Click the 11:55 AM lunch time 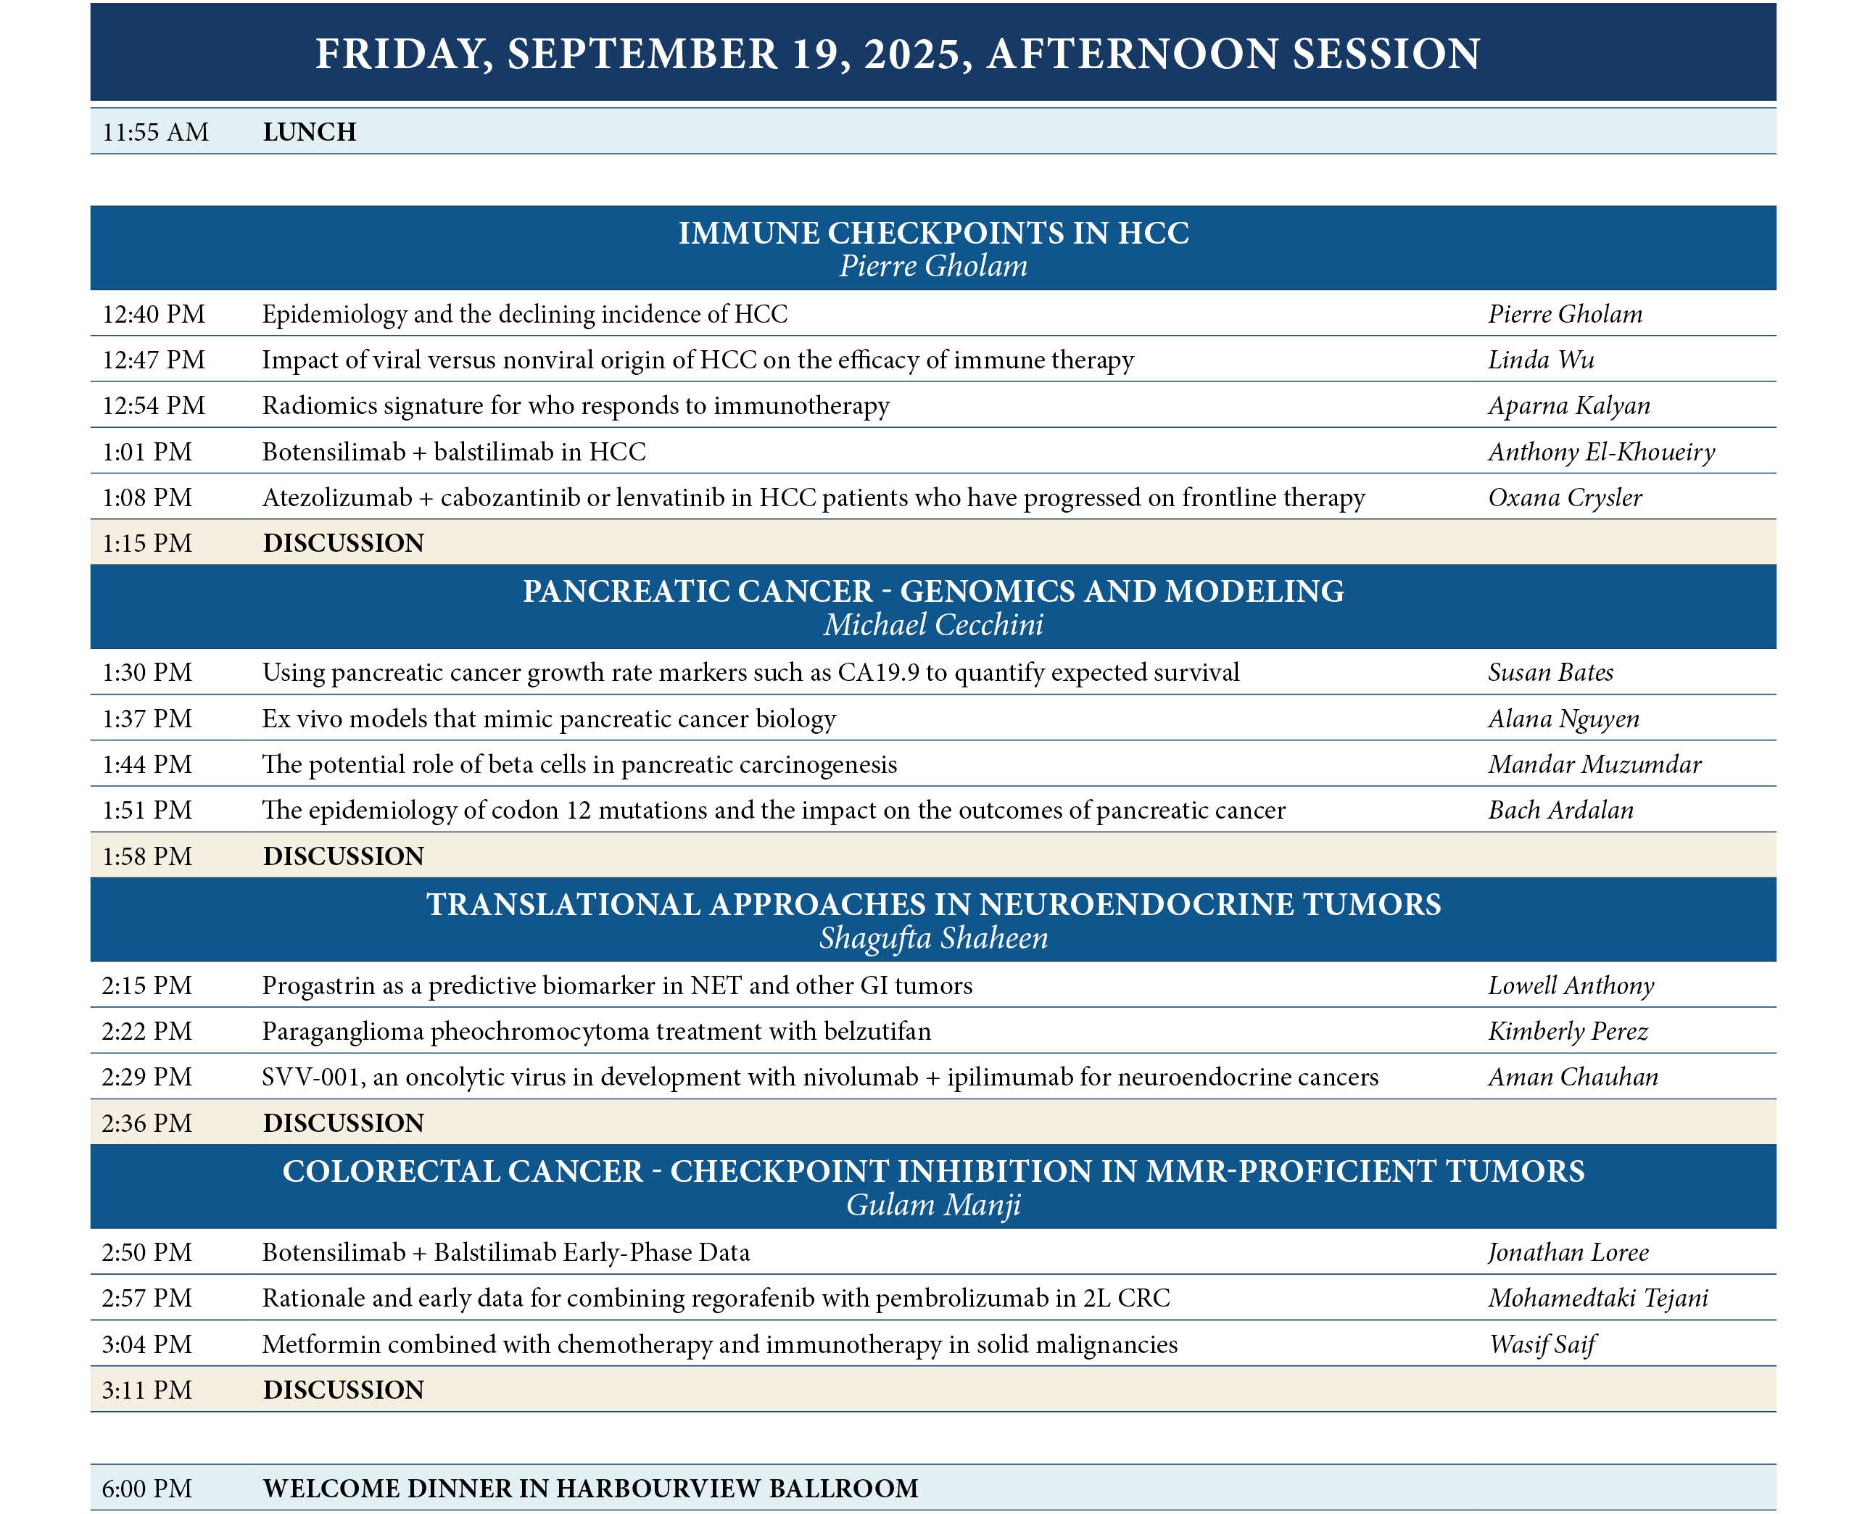pos(155,132)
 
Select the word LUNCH pos(310,132)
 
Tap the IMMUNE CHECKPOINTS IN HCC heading pos(933,233)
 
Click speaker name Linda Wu pos(1540,360)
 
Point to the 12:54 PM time pos(154,405)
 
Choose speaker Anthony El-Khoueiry pos(1601,452)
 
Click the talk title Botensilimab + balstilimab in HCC pos(453,452)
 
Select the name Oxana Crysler pos(1565,497)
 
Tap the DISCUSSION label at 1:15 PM pos(344,543)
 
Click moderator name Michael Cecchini pos(933,624)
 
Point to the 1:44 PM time pos(146,765)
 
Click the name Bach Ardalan pos(1560,810)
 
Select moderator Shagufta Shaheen pos(933,938)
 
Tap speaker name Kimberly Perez pos(1567,1032)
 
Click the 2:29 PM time pos(146,1077)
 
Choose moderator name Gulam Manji pos(933,1204)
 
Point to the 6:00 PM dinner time pos(146,1489)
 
